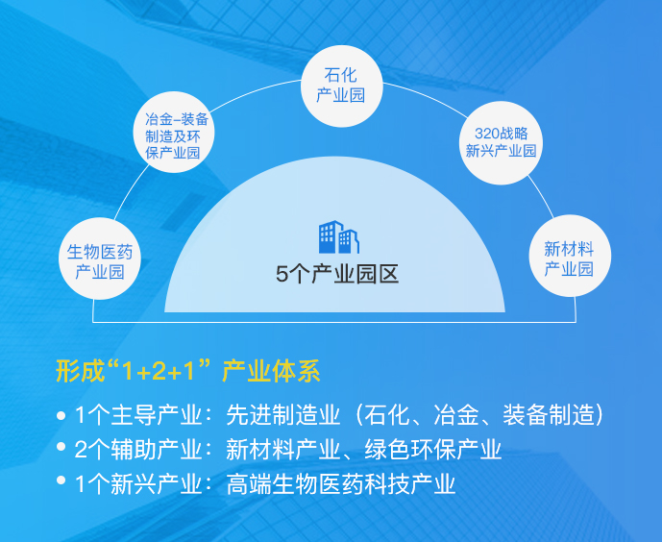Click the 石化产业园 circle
click(x=341, y=86)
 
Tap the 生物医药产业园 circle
click(x=100, y=259)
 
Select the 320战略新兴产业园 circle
click(x=501, y=142)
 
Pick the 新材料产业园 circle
click(x=570, y=256)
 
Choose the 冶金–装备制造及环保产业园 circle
click(x=174, y=132)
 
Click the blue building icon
click(x=339, y=236)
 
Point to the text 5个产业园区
click(x=337, y=274)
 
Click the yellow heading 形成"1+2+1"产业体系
click(x=188, y=371)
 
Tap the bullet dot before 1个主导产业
click(x=61, y=416)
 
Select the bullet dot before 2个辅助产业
click(x=61, y=446)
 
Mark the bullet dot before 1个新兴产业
click(x=61, y=480)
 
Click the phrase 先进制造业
click(x=283, y=414)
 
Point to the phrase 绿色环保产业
click(x=432, y=449)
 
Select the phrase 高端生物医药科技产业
click(x=341, y=483)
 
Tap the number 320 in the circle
click(x=487, y=134)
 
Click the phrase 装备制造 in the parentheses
click(x=548, y=414)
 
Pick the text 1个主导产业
click(x=138, y=414)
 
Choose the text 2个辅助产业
click(x=138, y=449)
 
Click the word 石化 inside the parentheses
click(x=387, y=414)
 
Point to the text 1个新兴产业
click(x=138, y=483)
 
